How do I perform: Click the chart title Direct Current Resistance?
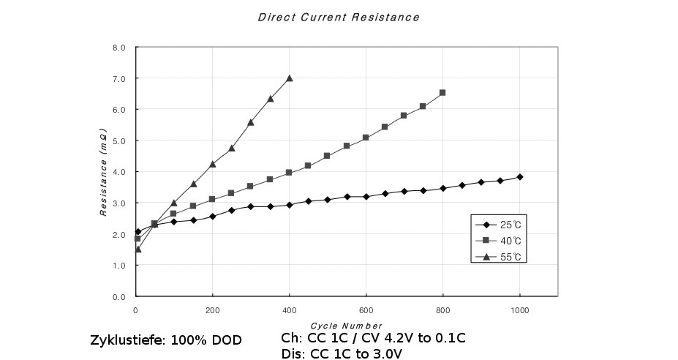tap(339, 17)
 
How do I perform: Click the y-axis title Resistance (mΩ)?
tap(104, 173)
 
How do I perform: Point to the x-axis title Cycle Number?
tap(347, 326)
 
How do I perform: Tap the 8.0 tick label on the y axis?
tap(118, 48)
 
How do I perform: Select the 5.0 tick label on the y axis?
tap(118, 140)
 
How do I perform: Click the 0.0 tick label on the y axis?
tap(118, 297)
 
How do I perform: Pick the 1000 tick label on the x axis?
tap(519, 310)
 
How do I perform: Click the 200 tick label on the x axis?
tap(212, 310)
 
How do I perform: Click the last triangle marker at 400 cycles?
tap(290, 78)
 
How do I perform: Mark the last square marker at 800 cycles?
tap(442, 93)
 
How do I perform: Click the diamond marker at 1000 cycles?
tap(519, 177)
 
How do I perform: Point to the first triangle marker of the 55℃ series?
tap(138, 249)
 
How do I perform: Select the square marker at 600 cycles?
tap(366, 138)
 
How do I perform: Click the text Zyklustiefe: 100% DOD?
tap(165, 341)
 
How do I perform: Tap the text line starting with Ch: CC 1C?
tap(373, 338)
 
